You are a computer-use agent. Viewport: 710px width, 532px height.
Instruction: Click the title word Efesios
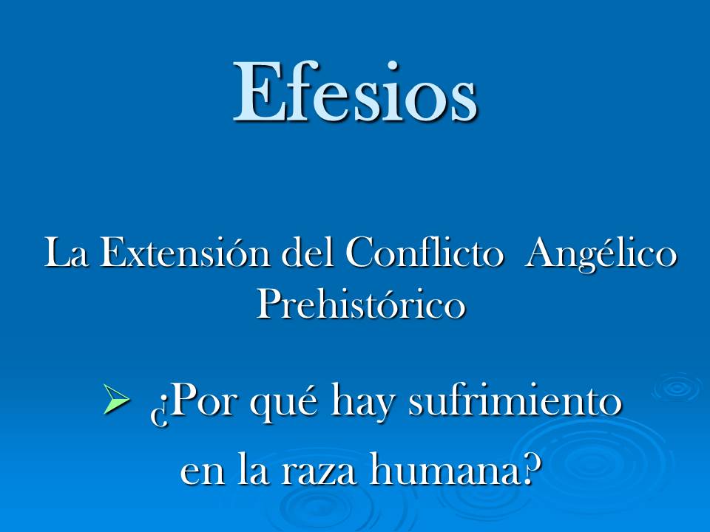pyautogui.click(x=355, y=91)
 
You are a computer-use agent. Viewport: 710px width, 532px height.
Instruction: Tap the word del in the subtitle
pyautogui.click(x=310, y=254)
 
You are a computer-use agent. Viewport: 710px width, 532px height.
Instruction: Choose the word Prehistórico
pyautogui.click(x=361, y=304)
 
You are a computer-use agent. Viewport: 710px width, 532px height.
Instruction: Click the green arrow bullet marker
pyautogui.click(x=117, y=402)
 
